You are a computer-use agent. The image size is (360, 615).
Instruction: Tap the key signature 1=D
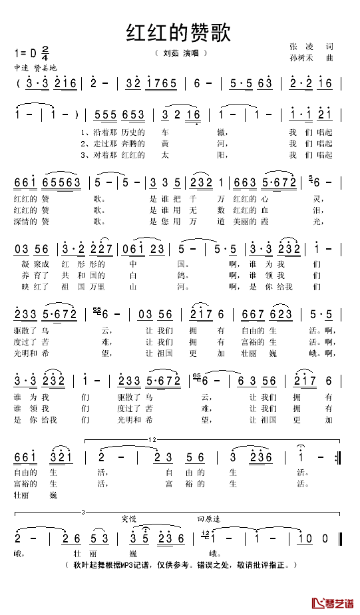(x=25, y=53)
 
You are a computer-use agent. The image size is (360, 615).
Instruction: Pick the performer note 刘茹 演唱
(x=180, y=53)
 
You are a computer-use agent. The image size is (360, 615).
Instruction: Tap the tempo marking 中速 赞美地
(x=35, y=69)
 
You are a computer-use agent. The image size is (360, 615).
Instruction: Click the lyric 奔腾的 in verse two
(x=124, y=143)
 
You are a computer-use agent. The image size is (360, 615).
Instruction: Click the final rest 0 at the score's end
(x=325, y=537)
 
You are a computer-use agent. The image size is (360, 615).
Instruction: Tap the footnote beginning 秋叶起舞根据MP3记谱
(x=180, y=565)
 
